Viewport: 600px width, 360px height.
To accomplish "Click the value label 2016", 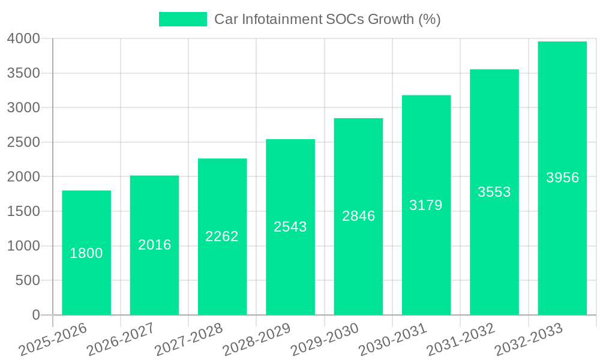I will pyautogui.click(x=155, y=245).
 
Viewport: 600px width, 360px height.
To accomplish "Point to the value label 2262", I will pyautogui.click(x=222, y=236).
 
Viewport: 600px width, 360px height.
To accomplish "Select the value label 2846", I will pyautogui.click(x=358, y=216).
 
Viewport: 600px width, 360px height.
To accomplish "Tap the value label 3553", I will pyautogui.click(x=494, y=192).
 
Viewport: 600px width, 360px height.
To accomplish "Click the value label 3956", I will pyautogui.click(x=562, y=178).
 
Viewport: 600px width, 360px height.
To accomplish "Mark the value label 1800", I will pyautogui.click(x=86, y=253).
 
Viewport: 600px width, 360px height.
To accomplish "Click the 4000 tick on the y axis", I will pyautogui.click(x=23, y=39).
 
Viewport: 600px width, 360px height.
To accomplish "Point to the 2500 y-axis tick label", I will pyautogui.click(x=23, y=143).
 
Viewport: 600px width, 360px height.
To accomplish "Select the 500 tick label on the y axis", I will pyautogui.click(x=28, y=281).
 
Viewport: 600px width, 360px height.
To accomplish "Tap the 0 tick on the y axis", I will pyautogui.click(x=35, y=316).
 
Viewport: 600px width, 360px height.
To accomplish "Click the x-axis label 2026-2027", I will pyautogui.click(x=121, y=339).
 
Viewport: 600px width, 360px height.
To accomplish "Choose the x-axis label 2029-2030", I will pyautogui.click(x=325, y=339).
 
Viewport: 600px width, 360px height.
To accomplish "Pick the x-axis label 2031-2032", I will pyautogui.click(x=461, y=339).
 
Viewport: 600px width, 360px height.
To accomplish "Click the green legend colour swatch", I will pyautogui.click(x=183, y=19).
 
